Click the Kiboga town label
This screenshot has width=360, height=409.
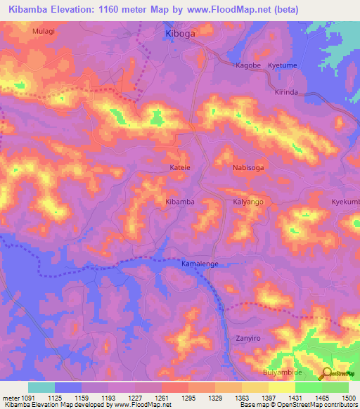[179, 33]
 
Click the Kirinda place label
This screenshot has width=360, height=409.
[286, 92]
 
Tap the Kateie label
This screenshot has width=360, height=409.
[180, 168]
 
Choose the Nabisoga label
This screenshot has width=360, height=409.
[247, 168]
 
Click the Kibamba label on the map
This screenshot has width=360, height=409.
[179, 202]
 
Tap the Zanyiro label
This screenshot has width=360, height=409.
[247, 338]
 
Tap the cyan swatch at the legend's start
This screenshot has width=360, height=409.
[41, 387]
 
